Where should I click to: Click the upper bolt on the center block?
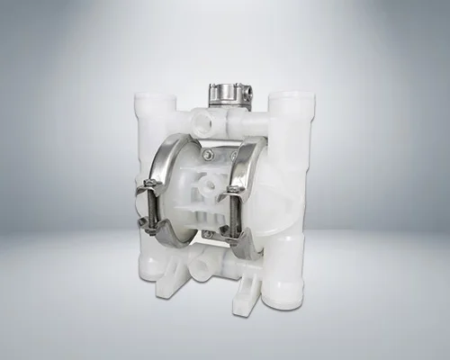(208, 155)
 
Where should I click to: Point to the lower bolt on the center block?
(208, 233)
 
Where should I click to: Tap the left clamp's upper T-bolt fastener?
(149, 188)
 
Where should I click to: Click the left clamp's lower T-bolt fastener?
(145, 223)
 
